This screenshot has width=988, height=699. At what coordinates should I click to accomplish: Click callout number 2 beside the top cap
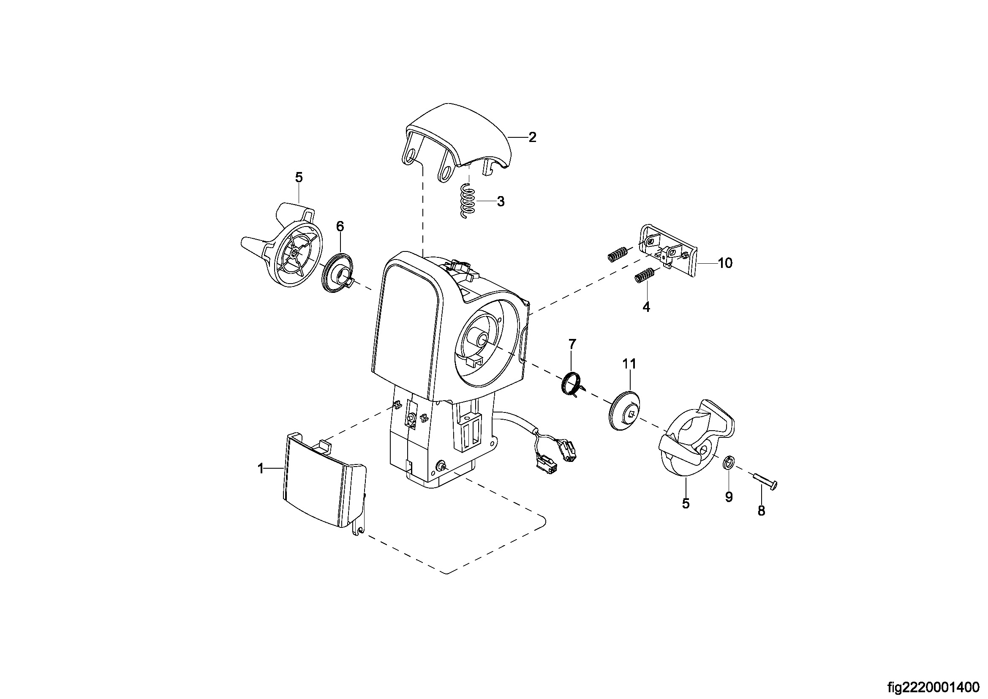tap(532, 137)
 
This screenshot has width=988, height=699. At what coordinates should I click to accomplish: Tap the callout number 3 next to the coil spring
tap(501, 202)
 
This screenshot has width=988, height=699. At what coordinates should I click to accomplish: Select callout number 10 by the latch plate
tap(725, 263)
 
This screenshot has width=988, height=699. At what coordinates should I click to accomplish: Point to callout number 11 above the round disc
tap(629, 364)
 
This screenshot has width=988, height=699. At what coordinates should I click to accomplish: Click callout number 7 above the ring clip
tap(572, 344)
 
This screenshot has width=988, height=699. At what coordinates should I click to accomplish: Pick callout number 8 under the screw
tap(761, 511)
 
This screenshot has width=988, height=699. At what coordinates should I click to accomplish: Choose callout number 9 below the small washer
tap(729, 497)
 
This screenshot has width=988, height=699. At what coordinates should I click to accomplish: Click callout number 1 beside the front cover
tap(260, 469)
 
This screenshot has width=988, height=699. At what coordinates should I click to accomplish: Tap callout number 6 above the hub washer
tap(340, 227)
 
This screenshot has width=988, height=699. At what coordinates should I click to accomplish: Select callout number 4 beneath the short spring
tap(646, 307)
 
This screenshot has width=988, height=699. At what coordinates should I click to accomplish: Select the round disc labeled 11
tap(625, 409)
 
